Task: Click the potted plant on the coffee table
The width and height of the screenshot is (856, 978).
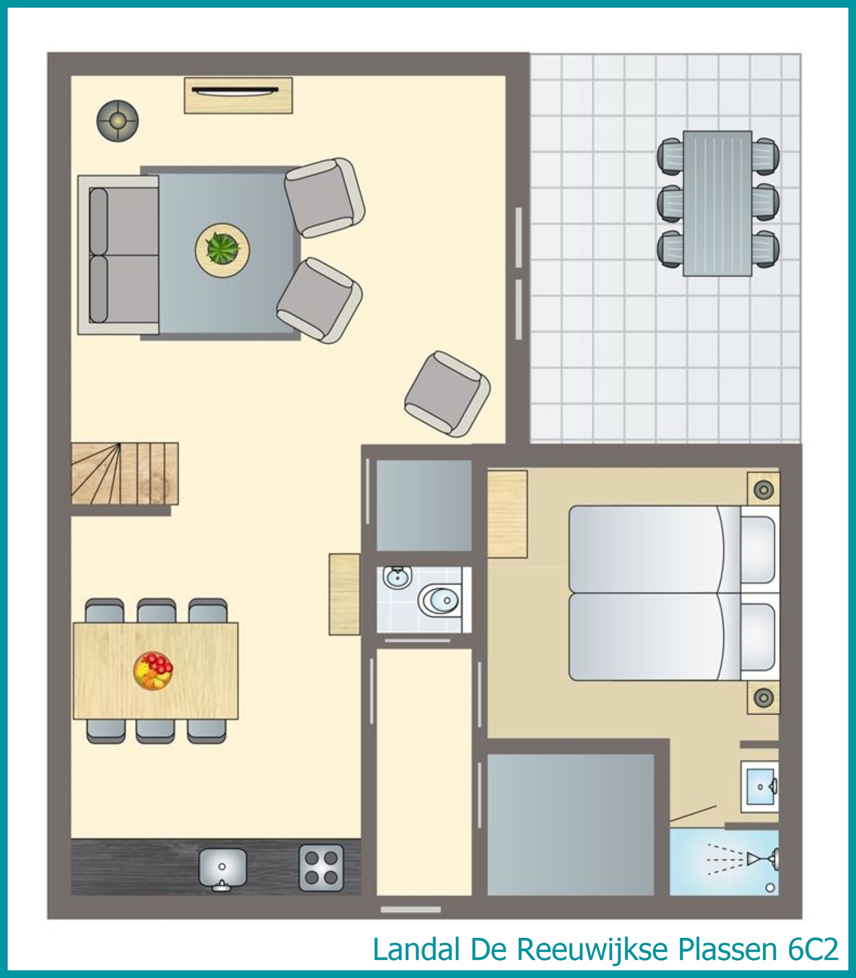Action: pyautogui.click(x=222, y=249)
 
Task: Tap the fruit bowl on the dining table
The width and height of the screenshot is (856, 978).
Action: pyautogui.click(x=153, y=671)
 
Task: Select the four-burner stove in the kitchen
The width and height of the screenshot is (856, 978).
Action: pyautogui.click(x=321, y=868)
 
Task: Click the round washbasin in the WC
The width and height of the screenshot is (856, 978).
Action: pyautogui.click(x=397, y=578)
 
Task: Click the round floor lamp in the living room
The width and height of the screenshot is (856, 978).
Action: pyautogui.click(x=118, y=120)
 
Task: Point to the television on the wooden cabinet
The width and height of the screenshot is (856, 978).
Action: pyautogui.click(x=235, y=90)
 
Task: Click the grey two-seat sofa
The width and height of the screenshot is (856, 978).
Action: pyautogui.click(x=118, y=255)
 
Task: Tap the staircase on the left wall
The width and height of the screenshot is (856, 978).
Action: pyautogui.click(x=125, y=474)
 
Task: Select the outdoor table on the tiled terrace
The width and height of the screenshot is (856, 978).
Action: pyautogui.click(x=718, y=203)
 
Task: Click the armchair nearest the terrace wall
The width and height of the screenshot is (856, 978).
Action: pyautogui.click(x=447, y=394)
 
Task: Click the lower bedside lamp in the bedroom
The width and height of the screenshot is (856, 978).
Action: pyautogui.click(x=764, y=698)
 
